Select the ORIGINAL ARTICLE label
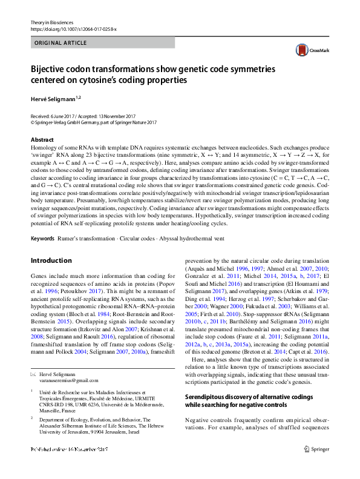click(61, 44)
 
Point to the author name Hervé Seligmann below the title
click(57, 98)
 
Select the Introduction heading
click(51, 260)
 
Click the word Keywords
click(42, 239)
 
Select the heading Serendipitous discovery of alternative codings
click(248, 397)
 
